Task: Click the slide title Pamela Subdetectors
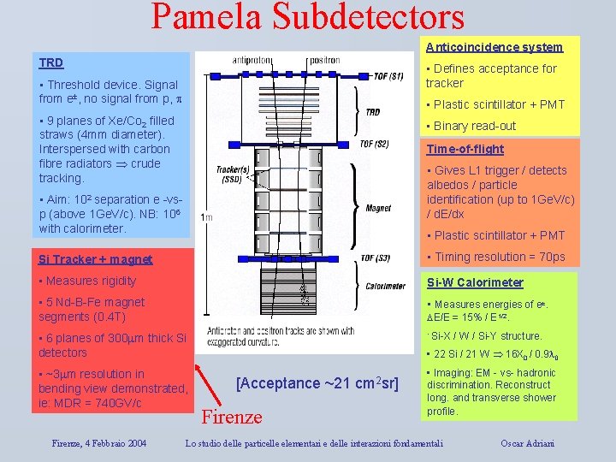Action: click(308, 17)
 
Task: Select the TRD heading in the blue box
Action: click(51, 62)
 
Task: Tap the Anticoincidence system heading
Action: click(495, 47)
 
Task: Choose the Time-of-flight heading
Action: click(465, 149)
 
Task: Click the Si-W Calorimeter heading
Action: click(475, 282)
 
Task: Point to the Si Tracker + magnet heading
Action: click(96, 259)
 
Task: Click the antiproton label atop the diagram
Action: click(253, 60)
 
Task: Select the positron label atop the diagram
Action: click(324, 60)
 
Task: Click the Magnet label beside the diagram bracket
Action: click(378, 208)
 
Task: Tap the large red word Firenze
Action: click(232, 417)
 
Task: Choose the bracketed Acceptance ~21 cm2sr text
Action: click(317, 383)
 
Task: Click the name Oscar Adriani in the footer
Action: click(528, 443)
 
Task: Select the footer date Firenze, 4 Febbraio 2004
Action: click(98, 443)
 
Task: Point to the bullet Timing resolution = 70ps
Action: click(495, 257)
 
